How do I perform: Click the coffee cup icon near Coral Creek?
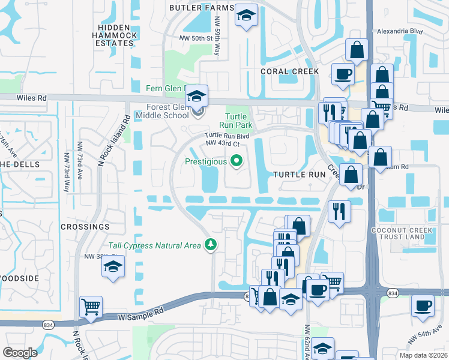343,74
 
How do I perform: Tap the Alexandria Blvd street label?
400,31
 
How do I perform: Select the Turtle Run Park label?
238,121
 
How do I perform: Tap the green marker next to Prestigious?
237,160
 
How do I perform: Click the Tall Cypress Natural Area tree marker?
210,244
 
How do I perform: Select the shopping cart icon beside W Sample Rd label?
91,307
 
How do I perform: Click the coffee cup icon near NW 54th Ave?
423,306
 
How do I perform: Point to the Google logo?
20,353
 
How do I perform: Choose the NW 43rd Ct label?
222,143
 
